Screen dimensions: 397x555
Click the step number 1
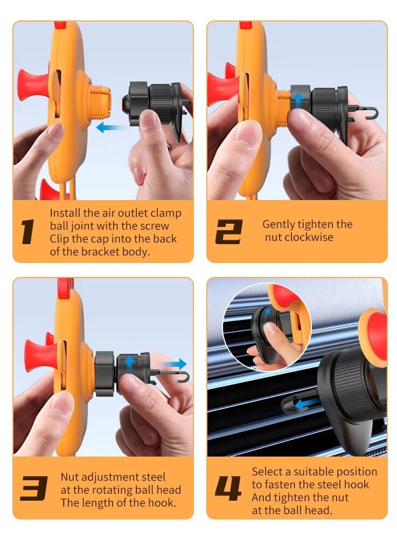coord(27,232)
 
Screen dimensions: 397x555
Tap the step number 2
coord(229,232)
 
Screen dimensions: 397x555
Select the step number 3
coord(34,488)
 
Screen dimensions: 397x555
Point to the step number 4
coord(228,488)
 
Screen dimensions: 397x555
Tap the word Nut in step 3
coord(69,477)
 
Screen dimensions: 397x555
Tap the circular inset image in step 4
coord(267,326)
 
